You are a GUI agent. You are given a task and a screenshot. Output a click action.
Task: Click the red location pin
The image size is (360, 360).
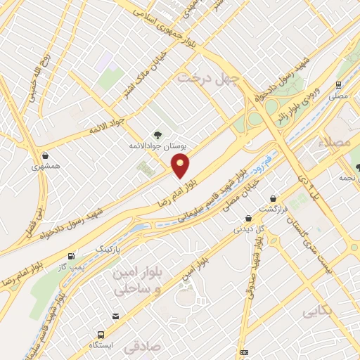coord(181,166)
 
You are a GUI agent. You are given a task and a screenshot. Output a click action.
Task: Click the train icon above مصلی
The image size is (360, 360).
coord(339,86)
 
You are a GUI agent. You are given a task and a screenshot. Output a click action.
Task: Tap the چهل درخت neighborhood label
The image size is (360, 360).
coord(208,76)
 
